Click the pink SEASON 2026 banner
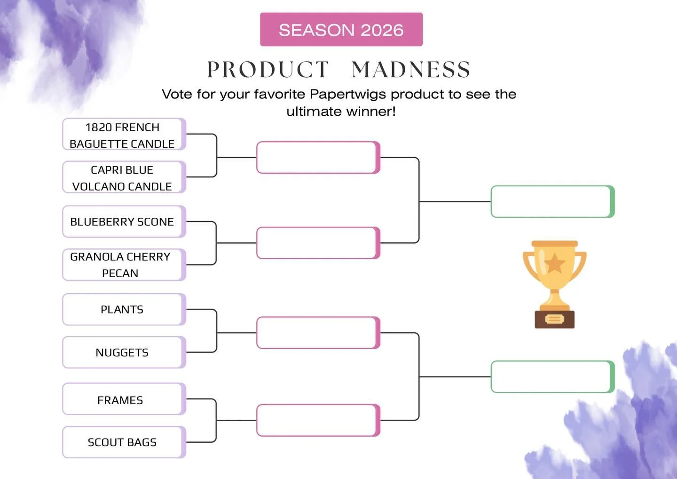[341, 30]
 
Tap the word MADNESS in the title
[411, 70]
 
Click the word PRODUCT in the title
[268, 70]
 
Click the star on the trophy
[555, 263]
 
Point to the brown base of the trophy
[555, 319]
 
